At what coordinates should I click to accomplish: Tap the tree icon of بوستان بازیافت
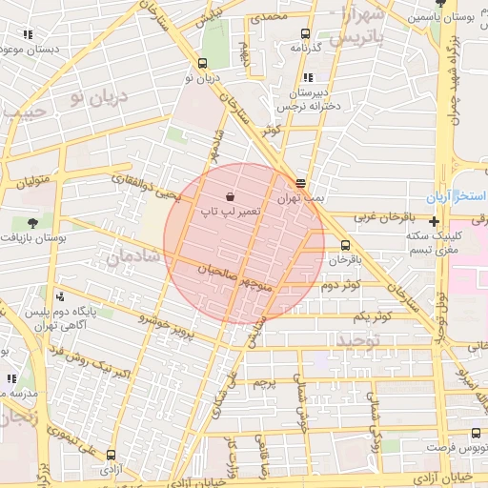coord(32,223)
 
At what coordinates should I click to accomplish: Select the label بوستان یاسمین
coord(447,18)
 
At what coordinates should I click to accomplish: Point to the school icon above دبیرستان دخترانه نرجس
coord(307,78)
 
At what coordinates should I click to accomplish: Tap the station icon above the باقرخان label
coord(345,245)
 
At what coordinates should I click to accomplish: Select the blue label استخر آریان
coord(458,195)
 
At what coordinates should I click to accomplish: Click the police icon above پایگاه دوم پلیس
coord(61,296)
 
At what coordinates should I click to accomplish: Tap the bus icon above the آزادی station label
coord(112,455)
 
